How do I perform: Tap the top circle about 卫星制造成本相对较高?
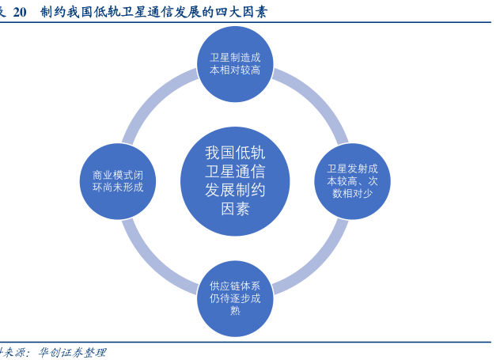[x=234, y=63]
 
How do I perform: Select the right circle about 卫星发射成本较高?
[x=352, y=180]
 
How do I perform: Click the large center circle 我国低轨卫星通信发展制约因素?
[x=234, y=180]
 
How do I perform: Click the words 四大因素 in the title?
[x=241, y=12]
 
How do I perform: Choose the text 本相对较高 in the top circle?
[x=234, y=70]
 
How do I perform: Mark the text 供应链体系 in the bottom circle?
[x=234, y=286]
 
